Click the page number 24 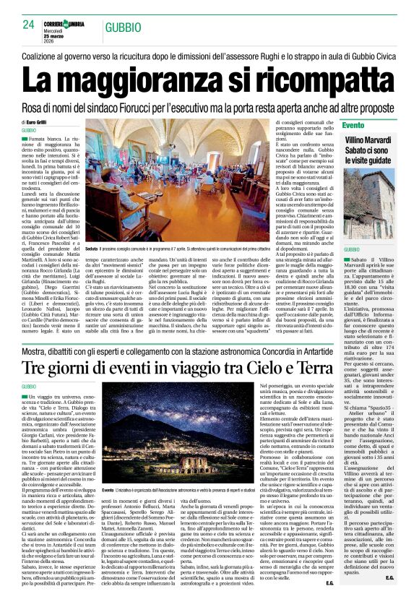[29, 25]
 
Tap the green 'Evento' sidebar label [373, 126]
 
